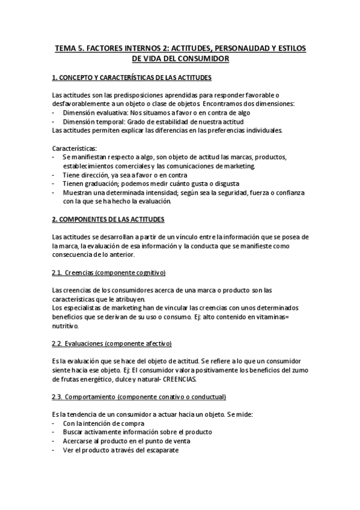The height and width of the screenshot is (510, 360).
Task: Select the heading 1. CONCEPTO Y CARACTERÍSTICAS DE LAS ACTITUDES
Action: pos(132,78)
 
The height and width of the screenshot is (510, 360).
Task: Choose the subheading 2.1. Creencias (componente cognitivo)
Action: pos(109,273)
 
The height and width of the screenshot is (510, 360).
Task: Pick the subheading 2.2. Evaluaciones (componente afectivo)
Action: pos(112,343)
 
